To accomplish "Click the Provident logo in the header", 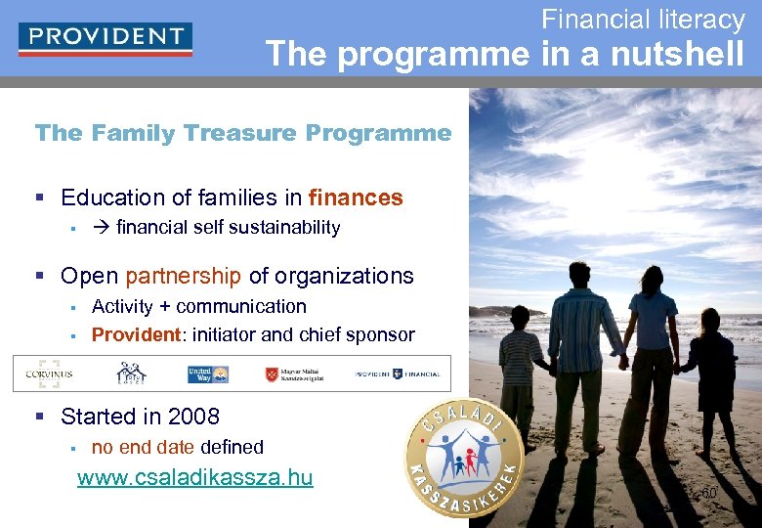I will point(106,39).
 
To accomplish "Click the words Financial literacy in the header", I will point(643,19).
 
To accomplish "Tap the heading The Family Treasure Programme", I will point(243,133).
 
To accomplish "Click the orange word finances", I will point(356,198).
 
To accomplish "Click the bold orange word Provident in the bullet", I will point(136,334).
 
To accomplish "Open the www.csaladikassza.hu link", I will point(195,477).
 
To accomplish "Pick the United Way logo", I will point(207,374).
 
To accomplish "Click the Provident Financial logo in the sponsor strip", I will point(397,374).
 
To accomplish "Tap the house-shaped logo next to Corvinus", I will point(132,374).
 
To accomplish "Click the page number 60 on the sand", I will point(709,494).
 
